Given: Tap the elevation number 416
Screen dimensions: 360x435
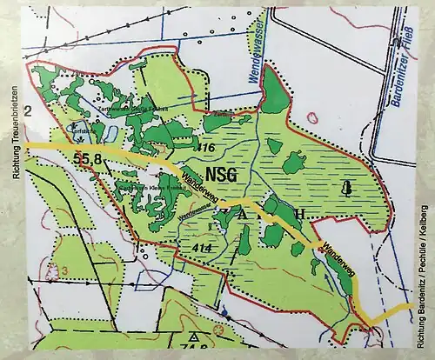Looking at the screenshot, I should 205,149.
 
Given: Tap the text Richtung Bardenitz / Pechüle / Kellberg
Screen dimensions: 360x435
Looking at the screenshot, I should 424,276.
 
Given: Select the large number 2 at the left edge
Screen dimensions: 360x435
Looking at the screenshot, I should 28,110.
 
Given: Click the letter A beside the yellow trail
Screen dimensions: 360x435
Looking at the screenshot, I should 243,213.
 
